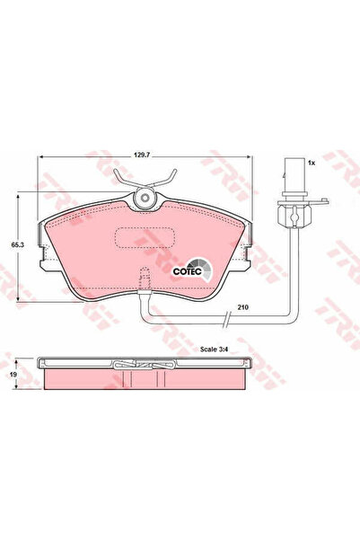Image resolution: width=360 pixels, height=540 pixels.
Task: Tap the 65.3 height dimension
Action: [15, 243]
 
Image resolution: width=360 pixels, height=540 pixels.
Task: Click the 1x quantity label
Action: [311, 164]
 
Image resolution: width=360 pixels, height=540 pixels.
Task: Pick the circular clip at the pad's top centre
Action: [144, 199]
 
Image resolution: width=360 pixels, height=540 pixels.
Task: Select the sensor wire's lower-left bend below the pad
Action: [146, 317]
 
